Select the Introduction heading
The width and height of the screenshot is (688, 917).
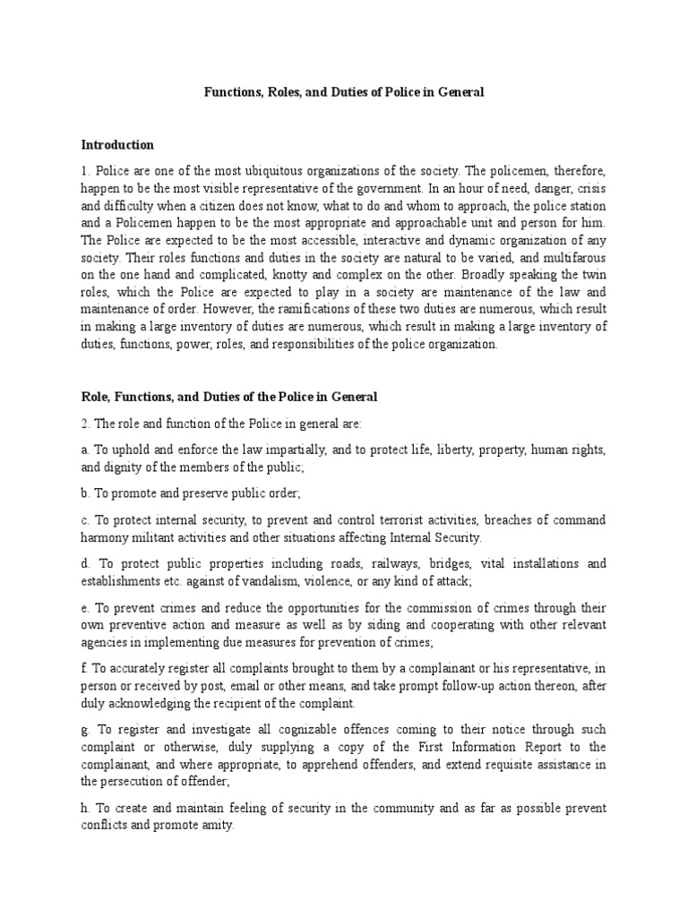(x=117, y=145)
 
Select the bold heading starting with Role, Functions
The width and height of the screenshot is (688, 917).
(x=229, y=396)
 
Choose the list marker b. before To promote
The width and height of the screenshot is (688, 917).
(x=86, y=493)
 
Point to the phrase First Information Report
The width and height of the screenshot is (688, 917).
(x=493, y=747)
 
